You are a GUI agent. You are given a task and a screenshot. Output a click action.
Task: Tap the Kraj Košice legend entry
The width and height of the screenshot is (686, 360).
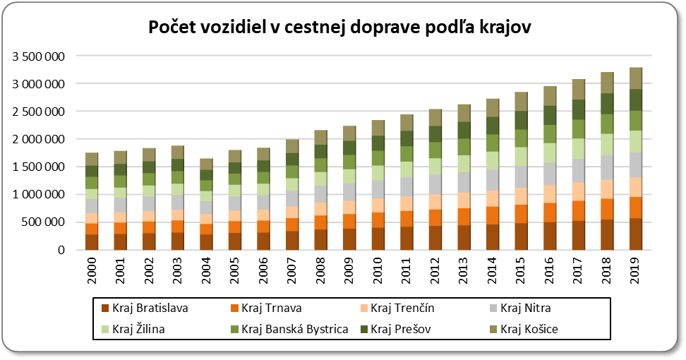(522, 328)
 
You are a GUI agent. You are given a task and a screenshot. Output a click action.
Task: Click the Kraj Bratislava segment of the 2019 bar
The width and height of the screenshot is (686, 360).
(635, 234)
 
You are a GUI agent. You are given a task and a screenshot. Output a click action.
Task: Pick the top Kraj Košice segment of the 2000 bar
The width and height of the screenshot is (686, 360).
(92, 159)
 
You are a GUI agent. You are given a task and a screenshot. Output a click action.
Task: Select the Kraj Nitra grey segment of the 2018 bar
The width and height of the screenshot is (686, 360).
(607, 167)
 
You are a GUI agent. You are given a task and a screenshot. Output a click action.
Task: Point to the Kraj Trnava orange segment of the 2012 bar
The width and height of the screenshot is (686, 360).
(435, 218)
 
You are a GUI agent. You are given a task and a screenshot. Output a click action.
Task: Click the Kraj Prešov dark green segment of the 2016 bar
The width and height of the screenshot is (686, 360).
(550, 115)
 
